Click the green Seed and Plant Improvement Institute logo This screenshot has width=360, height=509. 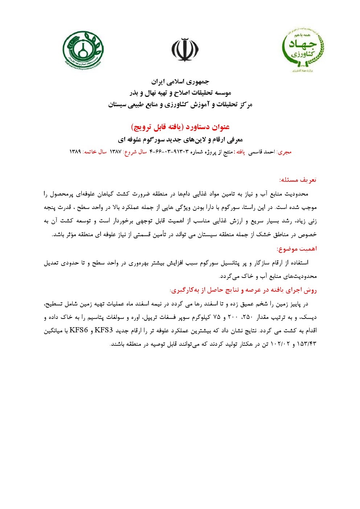coord(83,50)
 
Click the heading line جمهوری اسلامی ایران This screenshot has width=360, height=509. coord(180,82)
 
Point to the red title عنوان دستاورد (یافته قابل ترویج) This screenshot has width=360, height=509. coord(180,127)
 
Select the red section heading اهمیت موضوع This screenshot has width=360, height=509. coord(297,249)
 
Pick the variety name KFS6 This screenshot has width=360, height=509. coord(79,331)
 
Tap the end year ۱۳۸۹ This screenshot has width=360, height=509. coord(75,152)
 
